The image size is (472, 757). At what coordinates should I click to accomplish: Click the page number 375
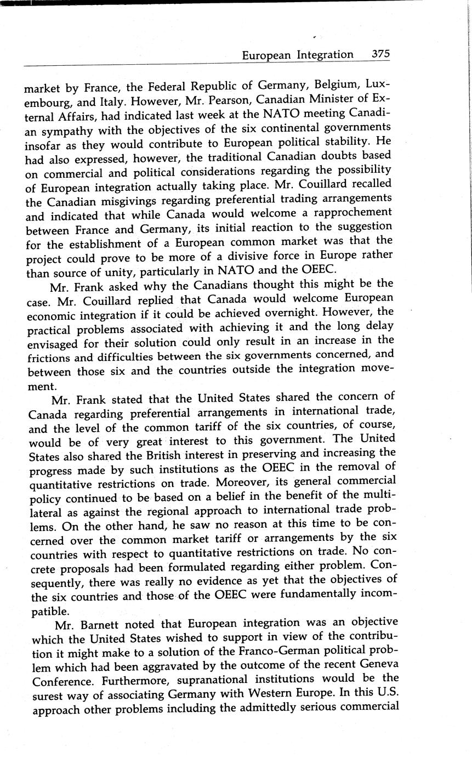point(380,54)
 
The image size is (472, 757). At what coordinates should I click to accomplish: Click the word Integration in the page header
point(325,55)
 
